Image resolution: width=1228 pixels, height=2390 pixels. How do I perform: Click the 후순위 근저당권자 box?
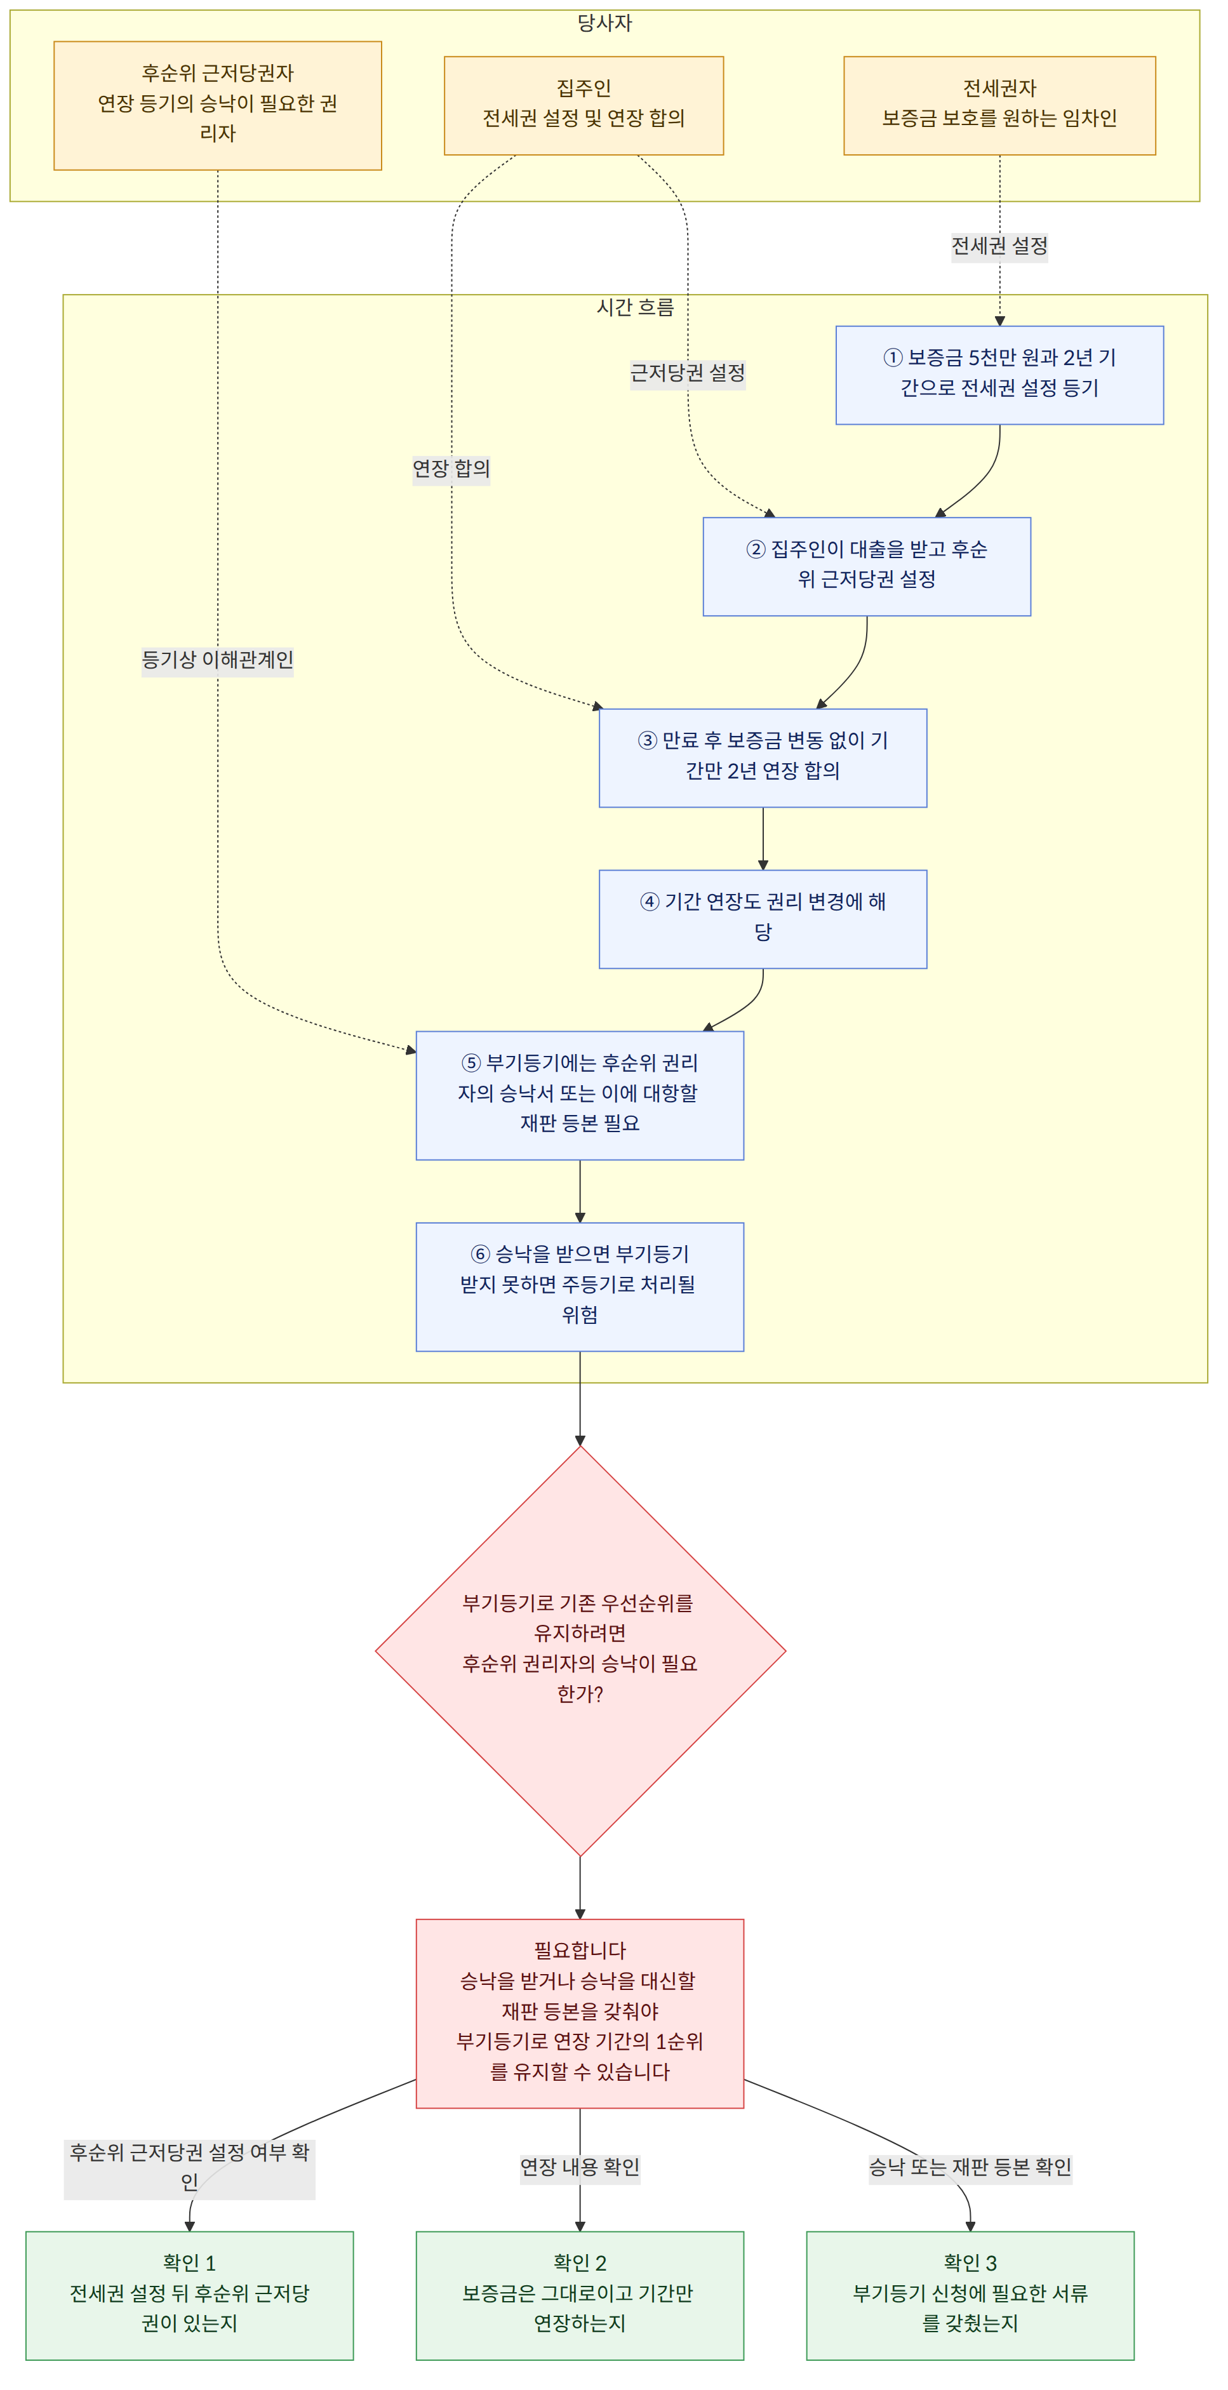coord(217,105)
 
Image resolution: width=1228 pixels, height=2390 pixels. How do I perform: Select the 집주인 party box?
coord(584,105)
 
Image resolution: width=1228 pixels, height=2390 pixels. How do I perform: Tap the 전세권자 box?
coord(999,105)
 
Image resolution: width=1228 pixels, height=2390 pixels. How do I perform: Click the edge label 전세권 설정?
coord(999,246)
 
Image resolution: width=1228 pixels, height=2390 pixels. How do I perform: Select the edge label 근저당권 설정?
coord(687,373)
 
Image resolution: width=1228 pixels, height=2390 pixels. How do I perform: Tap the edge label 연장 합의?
coord(451,469)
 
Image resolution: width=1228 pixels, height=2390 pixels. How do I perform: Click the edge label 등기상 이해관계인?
coord(217,660)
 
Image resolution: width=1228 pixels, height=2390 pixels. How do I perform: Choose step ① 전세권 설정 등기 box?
coord(999,375)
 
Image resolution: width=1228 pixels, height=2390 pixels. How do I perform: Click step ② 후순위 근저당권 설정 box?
coord(866,566)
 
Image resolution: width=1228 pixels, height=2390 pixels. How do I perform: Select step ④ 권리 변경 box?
coord(763,919)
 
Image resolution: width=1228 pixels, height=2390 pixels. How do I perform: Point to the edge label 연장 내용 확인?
coord(580,2166)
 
